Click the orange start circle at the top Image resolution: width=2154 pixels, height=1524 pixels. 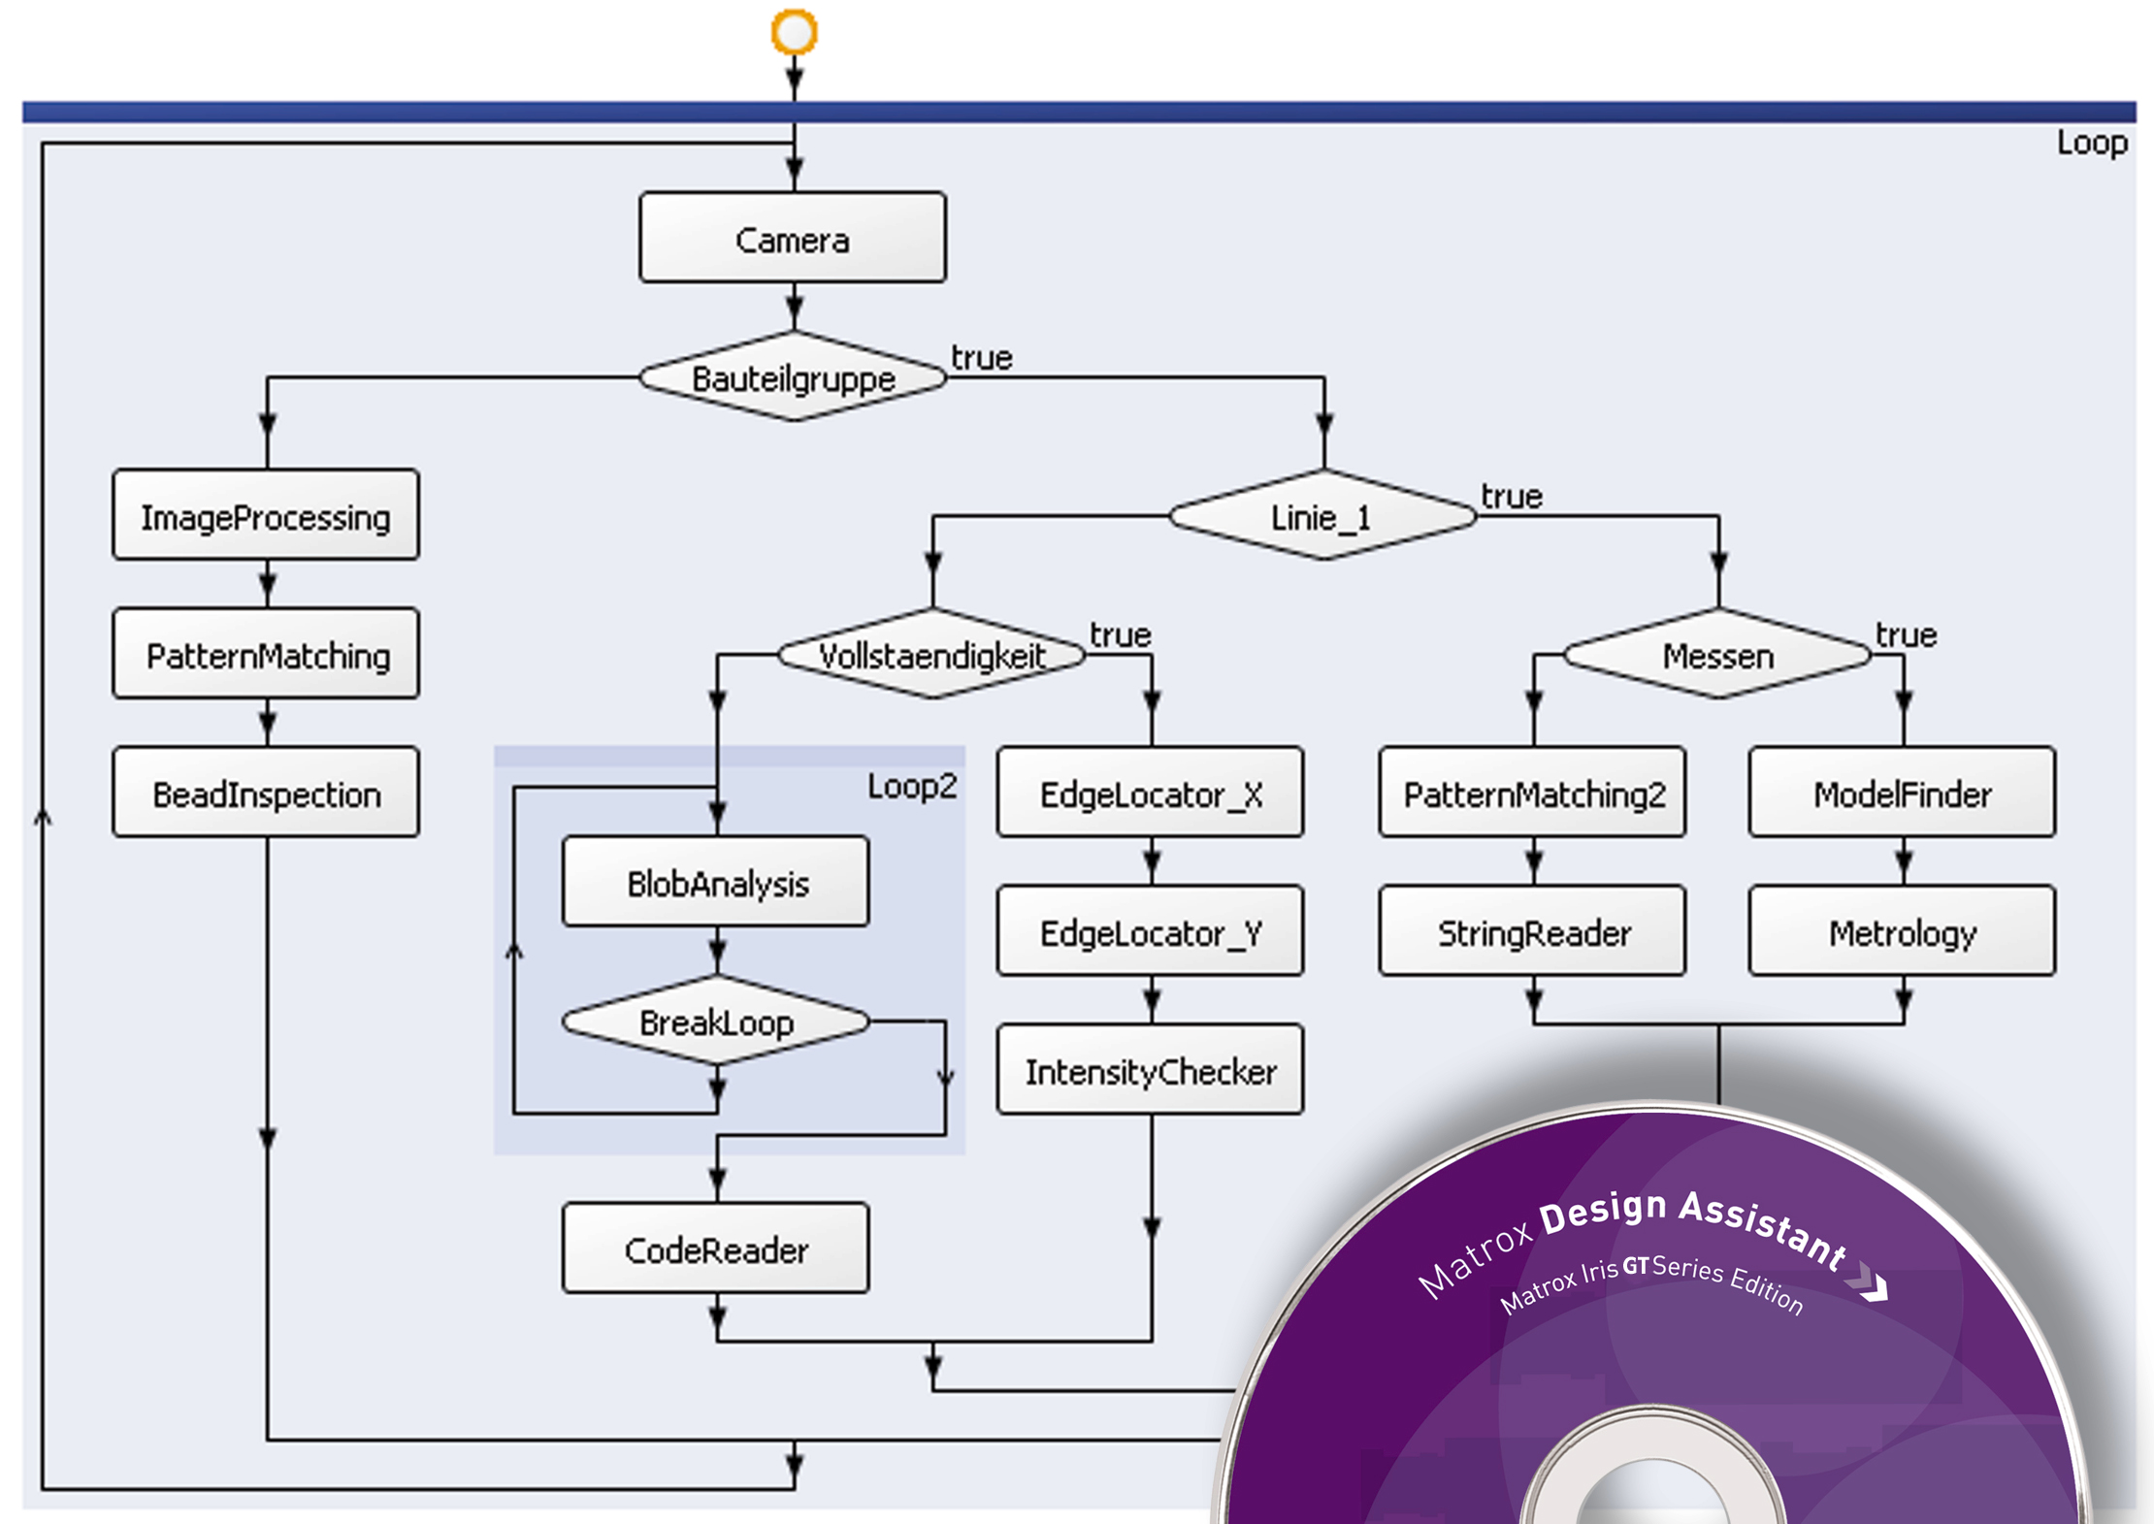(794, 32)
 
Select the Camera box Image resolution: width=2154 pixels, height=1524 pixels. (792, 239)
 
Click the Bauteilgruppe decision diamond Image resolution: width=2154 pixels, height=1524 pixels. (792, 377)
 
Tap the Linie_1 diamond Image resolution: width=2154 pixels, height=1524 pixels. (1322, 516)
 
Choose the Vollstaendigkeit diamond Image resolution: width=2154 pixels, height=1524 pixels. (931, 655)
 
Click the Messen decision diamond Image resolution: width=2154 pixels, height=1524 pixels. (1717, 655)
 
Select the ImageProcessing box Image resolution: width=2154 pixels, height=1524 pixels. (266, 516)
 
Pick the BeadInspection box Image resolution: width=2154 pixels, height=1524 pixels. (266, 794)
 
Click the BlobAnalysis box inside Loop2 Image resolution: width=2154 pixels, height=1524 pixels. (716, 883)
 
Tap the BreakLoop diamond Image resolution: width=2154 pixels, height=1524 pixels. (716, 1021)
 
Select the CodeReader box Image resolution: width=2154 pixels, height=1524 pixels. (716, 1249)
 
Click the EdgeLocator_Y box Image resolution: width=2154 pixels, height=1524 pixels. (1151, 932)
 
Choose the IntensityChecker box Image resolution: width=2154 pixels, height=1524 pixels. (1151, 1071)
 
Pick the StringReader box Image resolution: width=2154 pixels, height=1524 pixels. (1533, 932)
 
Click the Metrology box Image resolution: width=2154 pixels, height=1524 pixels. (1902, 932)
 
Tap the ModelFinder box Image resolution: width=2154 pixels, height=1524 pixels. (1902, 794)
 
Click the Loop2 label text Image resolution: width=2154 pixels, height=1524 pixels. (911, 786)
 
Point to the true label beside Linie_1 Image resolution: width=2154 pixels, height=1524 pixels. (1511, 497)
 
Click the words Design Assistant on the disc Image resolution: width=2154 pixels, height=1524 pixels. (1693, 1224)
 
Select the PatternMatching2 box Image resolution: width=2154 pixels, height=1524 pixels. (1533, 794)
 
